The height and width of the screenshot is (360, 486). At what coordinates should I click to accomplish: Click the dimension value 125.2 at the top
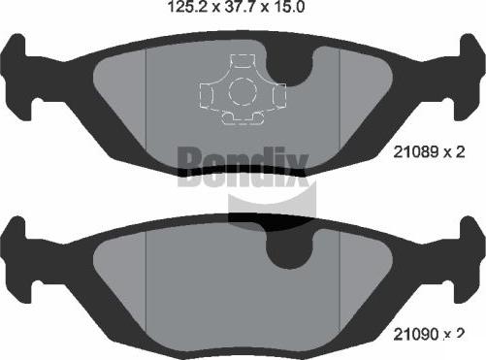pyautogui.click(x=187, y=7)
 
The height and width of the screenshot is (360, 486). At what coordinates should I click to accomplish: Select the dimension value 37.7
pyautogui.click(x=239, y=7)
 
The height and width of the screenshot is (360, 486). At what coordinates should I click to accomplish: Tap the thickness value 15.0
pyautogui.click(x=288, y=7)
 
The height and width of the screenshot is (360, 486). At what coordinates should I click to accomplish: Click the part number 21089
pyautogui.click(x=415, y=151)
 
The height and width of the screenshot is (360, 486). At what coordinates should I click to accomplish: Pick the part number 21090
pyautogui.click(x=415, y=334)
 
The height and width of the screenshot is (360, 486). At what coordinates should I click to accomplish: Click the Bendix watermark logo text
pyautogui.click(x=243, y=166)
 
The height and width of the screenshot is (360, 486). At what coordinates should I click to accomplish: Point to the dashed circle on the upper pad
pyautogui.click(x=243, y=91)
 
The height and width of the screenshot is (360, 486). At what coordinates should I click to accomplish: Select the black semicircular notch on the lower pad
pyautogui.click(x=289, y=249)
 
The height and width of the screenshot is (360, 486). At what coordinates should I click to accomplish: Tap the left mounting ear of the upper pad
pyautogui.click(x=16, y=76)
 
